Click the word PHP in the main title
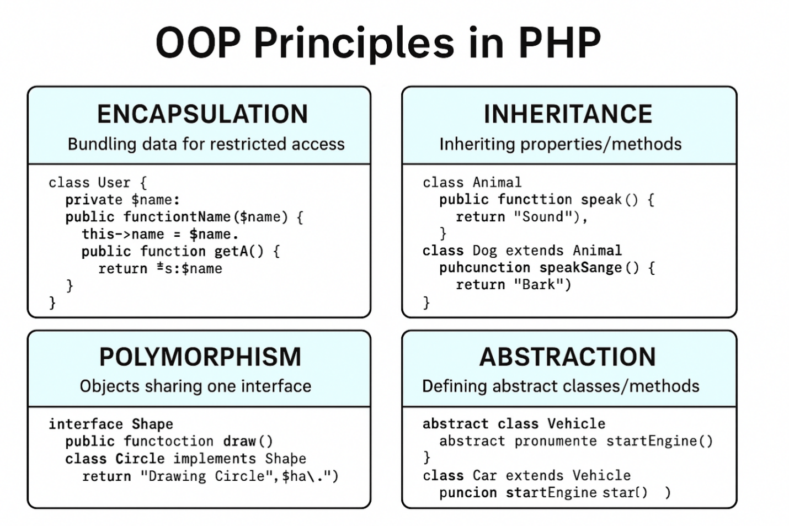tap(559, 42)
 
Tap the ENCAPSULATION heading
tap(202, 114)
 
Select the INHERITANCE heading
tap(568, 114)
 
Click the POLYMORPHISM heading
tap(200, 357)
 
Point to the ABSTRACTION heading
tap(567, 357)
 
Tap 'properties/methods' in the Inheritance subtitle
tap(601, 145)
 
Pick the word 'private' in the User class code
tap(94, 200)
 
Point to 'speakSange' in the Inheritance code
tap(580, 268)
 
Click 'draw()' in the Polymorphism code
tap(248, 442)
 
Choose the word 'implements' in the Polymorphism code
tap(215, 459)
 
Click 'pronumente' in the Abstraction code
tap(556, 441)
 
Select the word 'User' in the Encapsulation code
tap(114, 183)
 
